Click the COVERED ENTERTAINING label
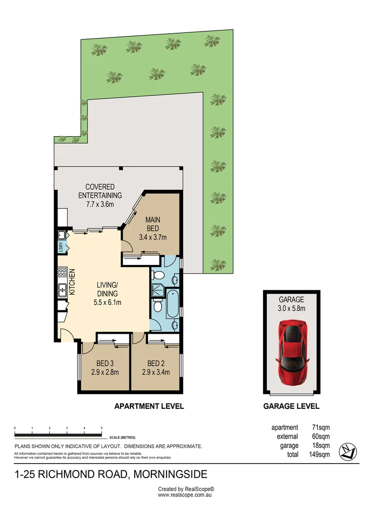pyautogui.click(x=100, y=191)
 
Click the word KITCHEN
pyautogui.click(x=71, y=283)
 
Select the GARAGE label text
pyautogui.click(x=291, y=300)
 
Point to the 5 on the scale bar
pyautogui.click(x=102, y=428)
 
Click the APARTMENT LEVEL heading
pyautogui.click(x=149, y=406)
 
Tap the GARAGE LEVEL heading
pyautogui.click(x=291, y=406)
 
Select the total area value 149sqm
pyautogui.click(x=320, y=454)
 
